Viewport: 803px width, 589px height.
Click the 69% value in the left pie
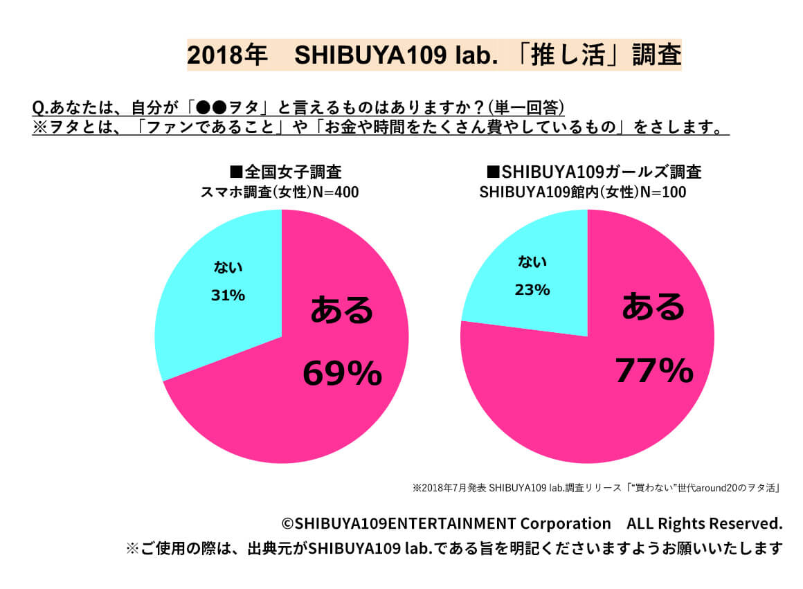click(342, 374)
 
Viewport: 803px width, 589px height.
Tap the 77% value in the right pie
click(654, 370)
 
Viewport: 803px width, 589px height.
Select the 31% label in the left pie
click(228, 296)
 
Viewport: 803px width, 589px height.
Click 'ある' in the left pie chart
click(342, 310)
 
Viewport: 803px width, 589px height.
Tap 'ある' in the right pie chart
click(653, 306)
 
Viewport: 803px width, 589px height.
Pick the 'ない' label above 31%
click(228, 267)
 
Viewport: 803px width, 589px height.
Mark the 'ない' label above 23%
click(532, 262)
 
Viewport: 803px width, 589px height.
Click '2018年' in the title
click(227, 55)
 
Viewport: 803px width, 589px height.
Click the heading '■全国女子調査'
click(285, 172)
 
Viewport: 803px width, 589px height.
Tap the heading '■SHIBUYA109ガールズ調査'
click(594, 172)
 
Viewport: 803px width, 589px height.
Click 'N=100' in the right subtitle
click(662, 192)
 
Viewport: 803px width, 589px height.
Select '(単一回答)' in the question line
click(526, 107)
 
